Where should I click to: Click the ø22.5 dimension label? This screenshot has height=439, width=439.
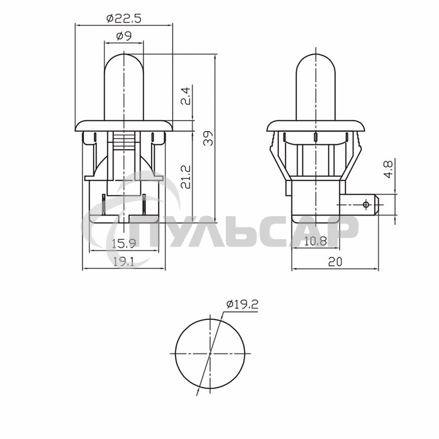(x=123, y=18)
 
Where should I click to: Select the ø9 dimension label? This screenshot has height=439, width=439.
(x=123, y=37)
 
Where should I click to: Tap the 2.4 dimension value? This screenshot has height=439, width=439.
(x=186, y=97)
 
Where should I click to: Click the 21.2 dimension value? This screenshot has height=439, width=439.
(x=186, y=177)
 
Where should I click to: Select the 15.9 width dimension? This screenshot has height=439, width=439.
(x=123, y=243)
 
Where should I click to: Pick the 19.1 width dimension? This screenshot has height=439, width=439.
(x=123, y=262)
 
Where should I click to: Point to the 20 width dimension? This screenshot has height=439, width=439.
(x=335, y=262)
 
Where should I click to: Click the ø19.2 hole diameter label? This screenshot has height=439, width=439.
(x=241, y=306)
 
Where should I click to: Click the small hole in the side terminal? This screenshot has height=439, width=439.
(x=366, y=205)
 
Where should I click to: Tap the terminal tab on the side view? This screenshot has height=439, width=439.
(x=362, y=205)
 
